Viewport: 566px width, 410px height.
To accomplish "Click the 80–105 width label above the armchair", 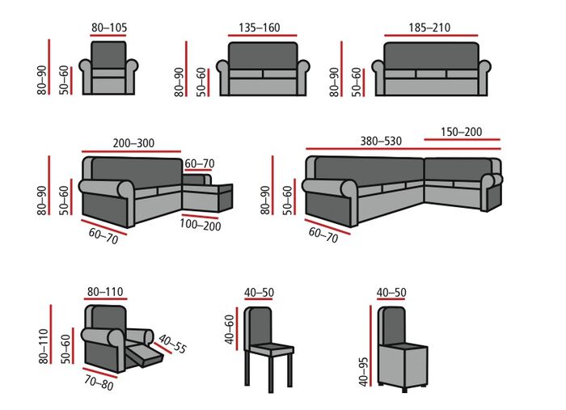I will [108, 27].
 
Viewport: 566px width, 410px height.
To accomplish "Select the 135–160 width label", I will [260, 27].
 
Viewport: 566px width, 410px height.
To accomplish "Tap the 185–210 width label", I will [429, 27].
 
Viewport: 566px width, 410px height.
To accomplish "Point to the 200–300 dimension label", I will [134, 143].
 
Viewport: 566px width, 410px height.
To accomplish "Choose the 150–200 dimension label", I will [463, 131].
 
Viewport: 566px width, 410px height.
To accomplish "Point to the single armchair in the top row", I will [108, 68].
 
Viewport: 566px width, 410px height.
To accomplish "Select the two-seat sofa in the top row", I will [263, 69].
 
